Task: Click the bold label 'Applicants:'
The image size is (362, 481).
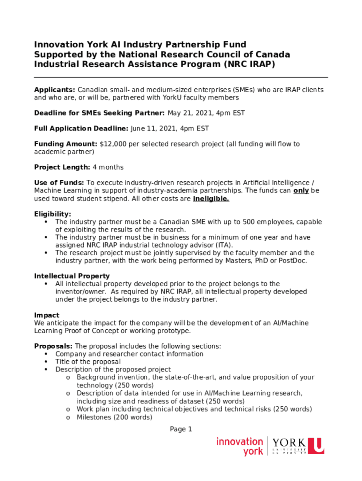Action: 55,90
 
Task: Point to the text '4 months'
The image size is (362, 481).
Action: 108,167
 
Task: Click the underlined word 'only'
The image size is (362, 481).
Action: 301,191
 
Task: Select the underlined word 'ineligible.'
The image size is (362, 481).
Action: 211,199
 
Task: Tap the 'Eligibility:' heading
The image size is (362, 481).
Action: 53,214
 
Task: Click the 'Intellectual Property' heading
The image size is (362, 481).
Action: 72,276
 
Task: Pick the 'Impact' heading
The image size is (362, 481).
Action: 47,315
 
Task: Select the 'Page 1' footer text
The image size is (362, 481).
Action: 181,429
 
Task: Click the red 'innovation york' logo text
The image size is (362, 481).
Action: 239,447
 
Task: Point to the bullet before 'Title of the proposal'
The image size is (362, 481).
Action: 46,362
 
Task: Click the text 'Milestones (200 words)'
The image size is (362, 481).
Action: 114,417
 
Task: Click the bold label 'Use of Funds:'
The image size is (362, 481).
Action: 59,183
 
